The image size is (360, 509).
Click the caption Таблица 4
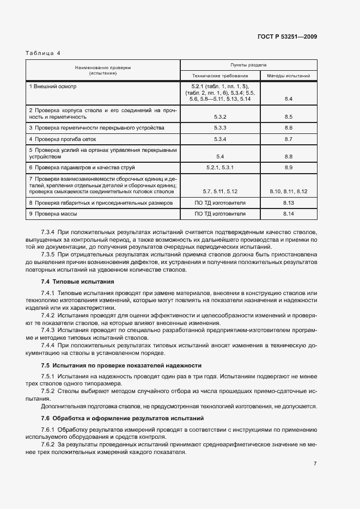coord(43,53)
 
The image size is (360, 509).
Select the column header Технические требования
coord(220,76)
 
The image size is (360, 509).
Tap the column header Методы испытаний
coord(288,76)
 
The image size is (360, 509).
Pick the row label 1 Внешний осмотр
coord(53,87)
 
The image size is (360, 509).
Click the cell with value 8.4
coord(288,99)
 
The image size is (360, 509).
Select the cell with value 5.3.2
coord(220,116)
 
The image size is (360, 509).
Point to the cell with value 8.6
coord(288,127)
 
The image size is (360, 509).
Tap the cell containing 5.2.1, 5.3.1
coord(220,167)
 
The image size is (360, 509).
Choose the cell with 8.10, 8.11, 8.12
coord(288,191)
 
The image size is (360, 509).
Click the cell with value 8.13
coord(288,202)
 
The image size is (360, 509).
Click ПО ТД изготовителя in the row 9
coord(220,213)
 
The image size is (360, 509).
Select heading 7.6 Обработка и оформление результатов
coord(122,418)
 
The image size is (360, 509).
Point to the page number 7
coord(315,463)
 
